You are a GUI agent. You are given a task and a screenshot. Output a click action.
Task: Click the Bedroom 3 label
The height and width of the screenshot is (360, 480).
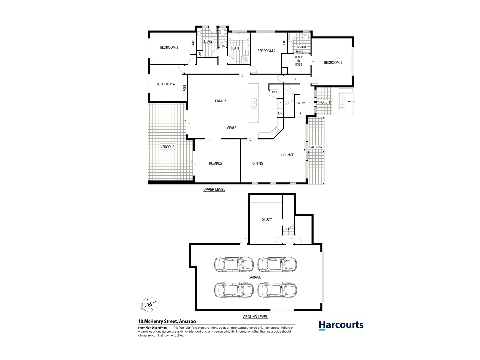tap(169, 47)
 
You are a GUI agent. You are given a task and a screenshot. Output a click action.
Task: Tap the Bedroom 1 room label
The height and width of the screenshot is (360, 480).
tap(333, 62)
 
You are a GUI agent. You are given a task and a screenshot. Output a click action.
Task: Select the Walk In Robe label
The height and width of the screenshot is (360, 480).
tap(298, 61)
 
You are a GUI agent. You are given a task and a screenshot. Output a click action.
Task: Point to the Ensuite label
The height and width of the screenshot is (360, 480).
tap(301, 47)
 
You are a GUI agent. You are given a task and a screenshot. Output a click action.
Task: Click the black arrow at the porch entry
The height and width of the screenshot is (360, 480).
tap(315, 102)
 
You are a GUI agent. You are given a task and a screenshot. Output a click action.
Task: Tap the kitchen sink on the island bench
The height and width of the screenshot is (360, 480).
tap(254, 104)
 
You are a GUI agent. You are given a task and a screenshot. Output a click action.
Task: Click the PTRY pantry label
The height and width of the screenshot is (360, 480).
tap(274, 92)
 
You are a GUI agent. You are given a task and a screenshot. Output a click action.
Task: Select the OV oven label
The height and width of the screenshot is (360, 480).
tap(280, 113)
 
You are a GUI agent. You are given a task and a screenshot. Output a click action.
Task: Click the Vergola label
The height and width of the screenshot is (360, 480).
tap(167, 147)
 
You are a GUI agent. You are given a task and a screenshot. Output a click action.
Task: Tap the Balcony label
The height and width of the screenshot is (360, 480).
tap(316, 147)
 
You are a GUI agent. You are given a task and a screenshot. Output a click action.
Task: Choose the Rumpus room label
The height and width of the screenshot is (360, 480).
tap(215, 163)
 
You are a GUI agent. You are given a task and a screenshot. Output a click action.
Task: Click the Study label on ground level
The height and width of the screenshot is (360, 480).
tap(267, 219)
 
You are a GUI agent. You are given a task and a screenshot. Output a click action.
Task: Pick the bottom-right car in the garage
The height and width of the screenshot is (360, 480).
tap(277, 290)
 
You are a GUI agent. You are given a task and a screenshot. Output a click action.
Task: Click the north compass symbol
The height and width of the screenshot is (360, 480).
tap(149, 304)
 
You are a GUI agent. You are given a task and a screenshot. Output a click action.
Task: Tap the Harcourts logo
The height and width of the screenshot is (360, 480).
tap(341, 325)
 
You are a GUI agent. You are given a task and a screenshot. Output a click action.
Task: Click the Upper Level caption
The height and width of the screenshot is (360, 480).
tap(214, 190)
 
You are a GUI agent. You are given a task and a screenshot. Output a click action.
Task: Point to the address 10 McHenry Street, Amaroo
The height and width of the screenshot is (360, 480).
tap(167, 322)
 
